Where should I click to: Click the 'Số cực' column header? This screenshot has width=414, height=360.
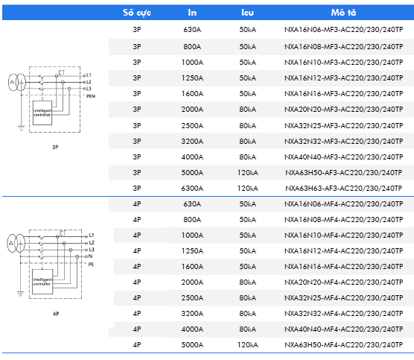pyautogui.click(x=137, y=13)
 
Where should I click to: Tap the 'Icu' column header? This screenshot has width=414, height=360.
pyautogui.click(x=247, y=13)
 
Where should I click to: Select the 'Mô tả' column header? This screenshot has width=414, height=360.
pyautogui.click(x=343, y=12)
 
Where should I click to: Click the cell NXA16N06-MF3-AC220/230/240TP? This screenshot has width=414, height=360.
pyautogui.click(x=344, y=30)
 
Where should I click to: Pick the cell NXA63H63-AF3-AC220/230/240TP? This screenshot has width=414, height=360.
pyautogui.click(x=344, y=188)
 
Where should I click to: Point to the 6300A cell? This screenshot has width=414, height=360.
pyautogui.click(x=192, y=188)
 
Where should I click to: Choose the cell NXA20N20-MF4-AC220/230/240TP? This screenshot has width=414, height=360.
pyautogui.click(x=344, y=282)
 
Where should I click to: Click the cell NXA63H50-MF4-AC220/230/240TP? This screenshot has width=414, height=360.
pyautogui.click(x=344, y=345)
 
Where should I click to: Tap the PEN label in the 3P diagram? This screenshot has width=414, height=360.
pyautogui.click(x=91, y=96)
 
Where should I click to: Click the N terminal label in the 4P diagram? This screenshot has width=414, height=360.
pyautogui.click(x=91, y=256)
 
